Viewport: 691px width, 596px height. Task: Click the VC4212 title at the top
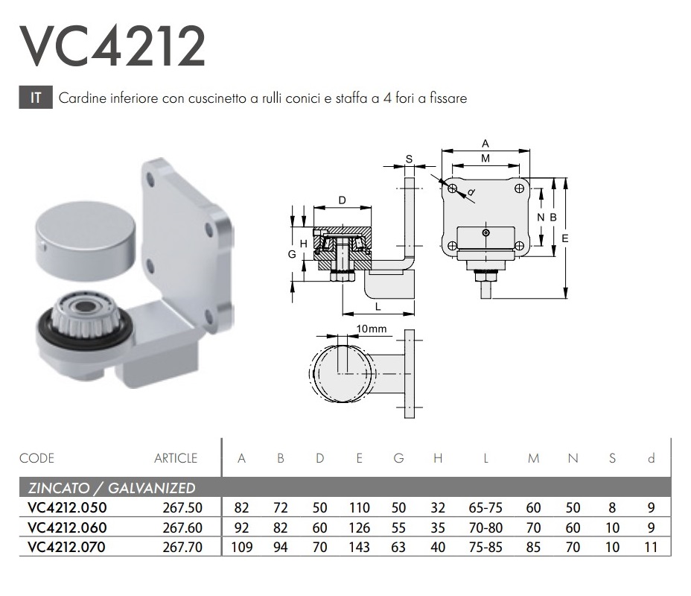[112, 46]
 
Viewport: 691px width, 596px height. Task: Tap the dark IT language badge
[36, 98]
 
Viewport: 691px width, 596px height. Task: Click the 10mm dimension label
[371, 329]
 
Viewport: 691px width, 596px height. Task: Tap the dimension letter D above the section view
[343, 200]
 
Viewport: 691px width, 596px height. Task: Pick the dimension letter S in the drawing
[409, 159]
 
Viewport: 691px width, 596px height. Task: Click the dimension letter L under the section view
[378, 307]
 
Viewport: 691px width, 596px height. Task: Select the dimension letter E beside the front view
[564, 238]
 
